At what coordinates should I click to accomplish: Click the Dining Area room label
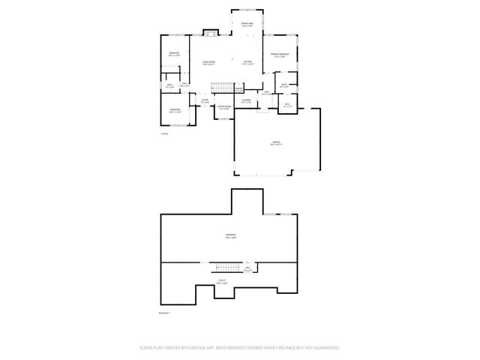pos(247,25)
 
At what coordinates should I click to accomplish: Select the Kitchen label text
pos(247,62)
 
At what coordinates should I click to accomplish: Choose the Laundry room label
pos(246,100)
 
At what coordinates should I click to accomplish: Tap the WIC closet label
pos(287,106)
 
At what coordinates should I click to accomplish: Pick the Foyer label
pos(204,100)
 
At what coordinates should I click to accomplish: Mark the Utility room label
pos(222,281)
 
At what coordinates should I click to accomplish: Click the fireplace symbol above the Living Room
pos(209,32)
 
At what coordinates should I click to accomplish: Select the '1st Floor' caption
pos(164,133)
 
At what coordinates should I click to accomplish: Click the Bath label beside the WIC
pos(283,85)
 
